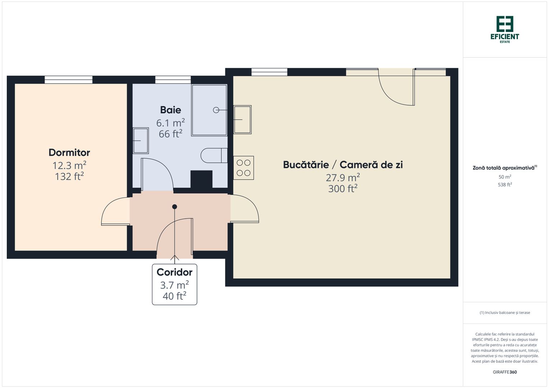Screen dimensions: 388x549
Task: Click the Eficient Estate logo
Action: (x=505, y=29)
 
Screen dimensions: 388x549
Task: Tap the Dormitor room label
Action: (x=69, y=152)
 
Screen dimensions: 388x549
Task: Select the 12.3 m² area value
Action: (x=69, y=166)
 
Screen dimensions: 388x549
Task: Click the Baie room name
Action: (x=170, y=110)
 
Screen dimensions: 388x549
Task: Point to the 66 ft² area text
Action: (x=170, y=134)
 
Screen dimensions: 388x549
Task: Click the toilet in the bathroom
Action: (x=214, y=156)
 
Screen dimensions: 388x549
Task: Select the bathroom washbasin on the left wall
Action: (x=141, y=140)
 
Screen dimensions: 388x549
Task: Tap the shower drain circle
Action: (x=216, y=110)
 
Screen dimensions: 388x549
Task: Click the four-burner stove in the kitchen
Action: (x=243, y=168)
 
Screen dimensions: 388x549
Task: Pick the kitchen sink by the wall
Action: (x=242, y=119)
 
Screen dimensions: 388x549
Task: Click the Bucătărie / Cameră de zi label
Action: (x=343, y=165)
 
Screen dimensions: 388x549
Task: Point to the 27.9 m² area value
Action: (x=343, y=178)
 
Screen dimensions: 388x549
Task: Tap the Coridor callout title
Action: (x=174, y=272)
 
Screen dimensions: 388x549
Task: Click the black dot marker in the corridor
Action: (x=175, y=207)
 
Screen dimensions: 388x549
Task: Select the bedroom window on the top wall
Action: (x=68, y=79)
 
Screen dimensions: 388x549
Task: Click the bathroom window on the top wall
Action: (x=173, y=79)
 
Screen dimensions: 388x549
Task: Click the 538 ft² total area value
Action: (x=505, y=185)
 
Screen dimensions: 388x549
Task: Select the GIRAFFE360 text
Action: (x=505, y=372)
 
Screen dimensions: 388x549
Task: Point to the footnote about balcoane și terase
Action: (x=505, y=313)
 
